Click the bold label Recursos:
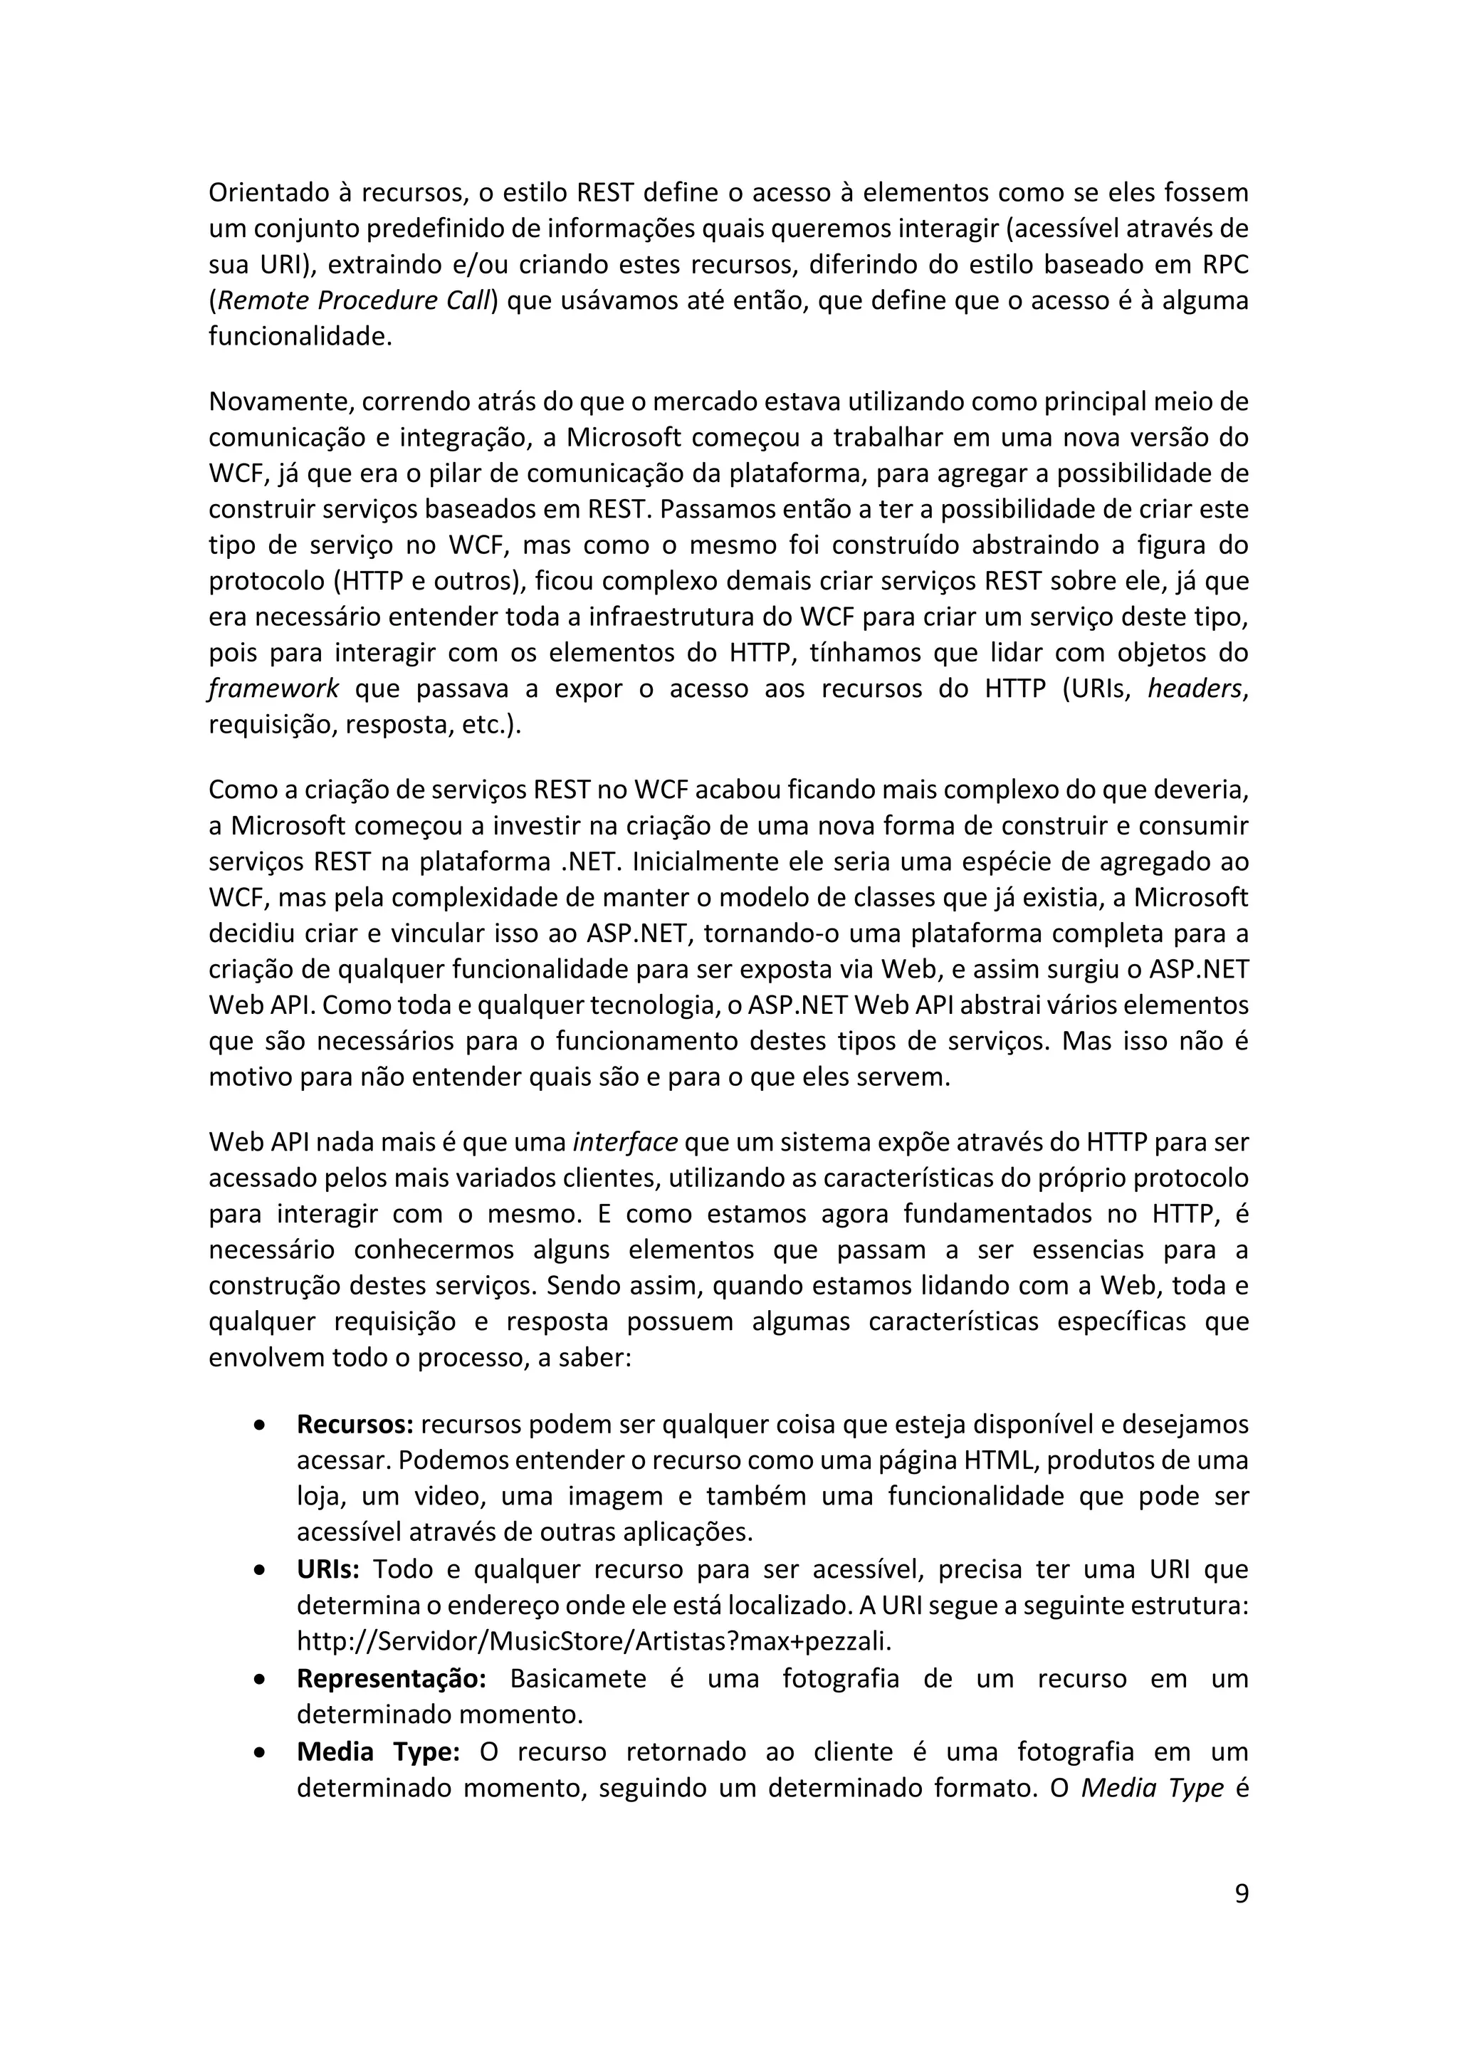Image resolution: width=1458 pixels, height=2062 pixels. [355, 1424]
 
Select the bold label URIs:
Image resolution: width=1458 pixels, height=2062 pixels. [327, 1569]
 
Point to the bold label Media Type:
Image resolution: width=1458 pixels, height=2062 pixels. [378, 1752]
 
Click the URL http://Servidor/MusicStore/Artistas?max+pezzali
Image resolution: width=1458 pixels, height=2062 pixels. [594, 1642]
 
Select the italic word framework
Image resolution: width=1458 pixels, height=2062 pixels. [274, 689]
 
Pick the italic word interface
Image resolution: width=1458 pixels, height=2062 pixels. [625, 1142]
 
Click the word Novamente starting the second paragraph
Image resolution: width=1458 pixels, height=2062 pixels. [281, 402]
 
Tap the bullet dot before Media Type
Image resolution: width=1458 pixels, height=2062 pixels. [259, 1752]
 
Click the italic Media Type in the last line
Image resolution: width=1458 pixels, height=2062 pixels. [1152, 1787]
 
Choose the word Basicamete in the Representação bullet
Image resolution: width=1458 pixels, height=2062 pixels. [577, 1678]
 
